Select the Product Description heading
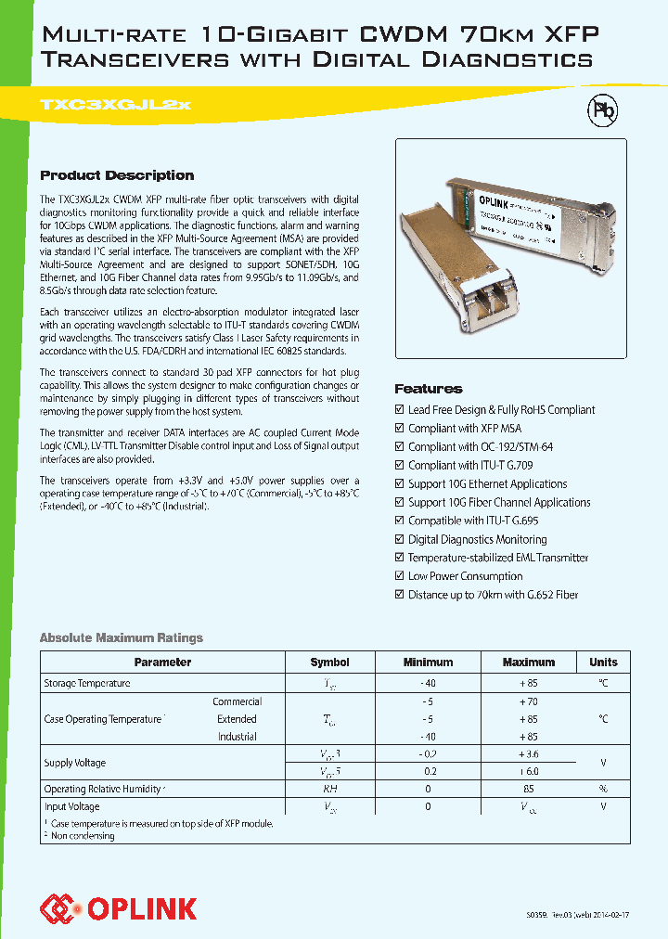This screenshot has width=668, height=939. [117, 175]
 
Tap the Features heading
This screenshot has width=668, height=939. [429, 389]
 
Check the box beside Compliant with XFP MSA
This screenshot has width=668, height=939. [400, 428]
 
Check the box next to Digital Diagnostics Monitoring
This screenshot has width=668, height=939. [400, 539]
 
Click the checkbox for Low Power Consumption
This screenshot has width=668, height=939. [400, 576]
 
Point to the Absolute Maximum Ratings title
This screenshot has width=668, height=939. [121, 637]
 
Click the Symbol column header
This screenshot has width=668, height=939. [329, 662]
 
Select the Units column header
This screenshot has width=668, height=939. [603, 662]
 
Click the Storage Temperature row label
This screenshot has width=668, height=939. [87, 683]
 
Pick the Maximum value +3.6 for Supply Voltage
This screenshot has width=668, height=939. [528, 753]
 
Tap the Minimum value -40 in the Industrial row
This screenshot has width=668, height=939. [428, 737]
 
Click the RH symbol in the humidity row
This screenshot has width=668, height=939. [329, 789]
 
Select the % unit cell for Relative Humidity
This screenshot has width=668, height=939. [603, 789]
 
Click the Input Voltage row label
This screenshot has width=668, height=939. [72, 806]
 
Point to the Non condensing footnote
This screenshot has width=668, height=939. [82, 836]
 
